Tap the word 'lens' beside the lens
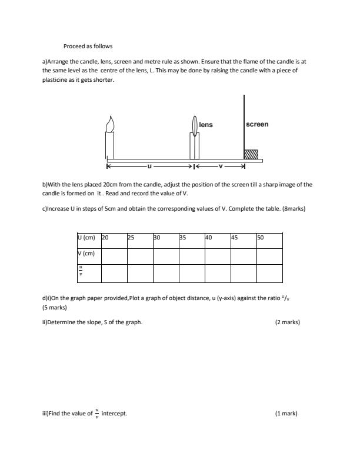(x=206, y=125)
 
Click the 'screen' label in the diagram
(x=257, y=124)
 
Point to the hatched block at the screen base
(x=251, y=154)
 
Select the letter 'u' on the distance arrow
(x=149, y=165)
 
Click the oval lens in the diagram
(x=194, y=127)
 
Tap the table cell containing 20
(x=114, y=238)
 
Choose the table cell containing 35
(x=191, y=238)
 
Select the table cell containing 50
(x=269, y=238)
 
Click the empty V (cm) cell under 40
(x=217, y=256)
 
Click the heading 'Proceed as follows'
(x=88, y=46)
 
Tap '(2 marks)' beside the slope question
(x=287, y=322)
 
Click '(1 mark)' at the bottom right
(x=286, y=413)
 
